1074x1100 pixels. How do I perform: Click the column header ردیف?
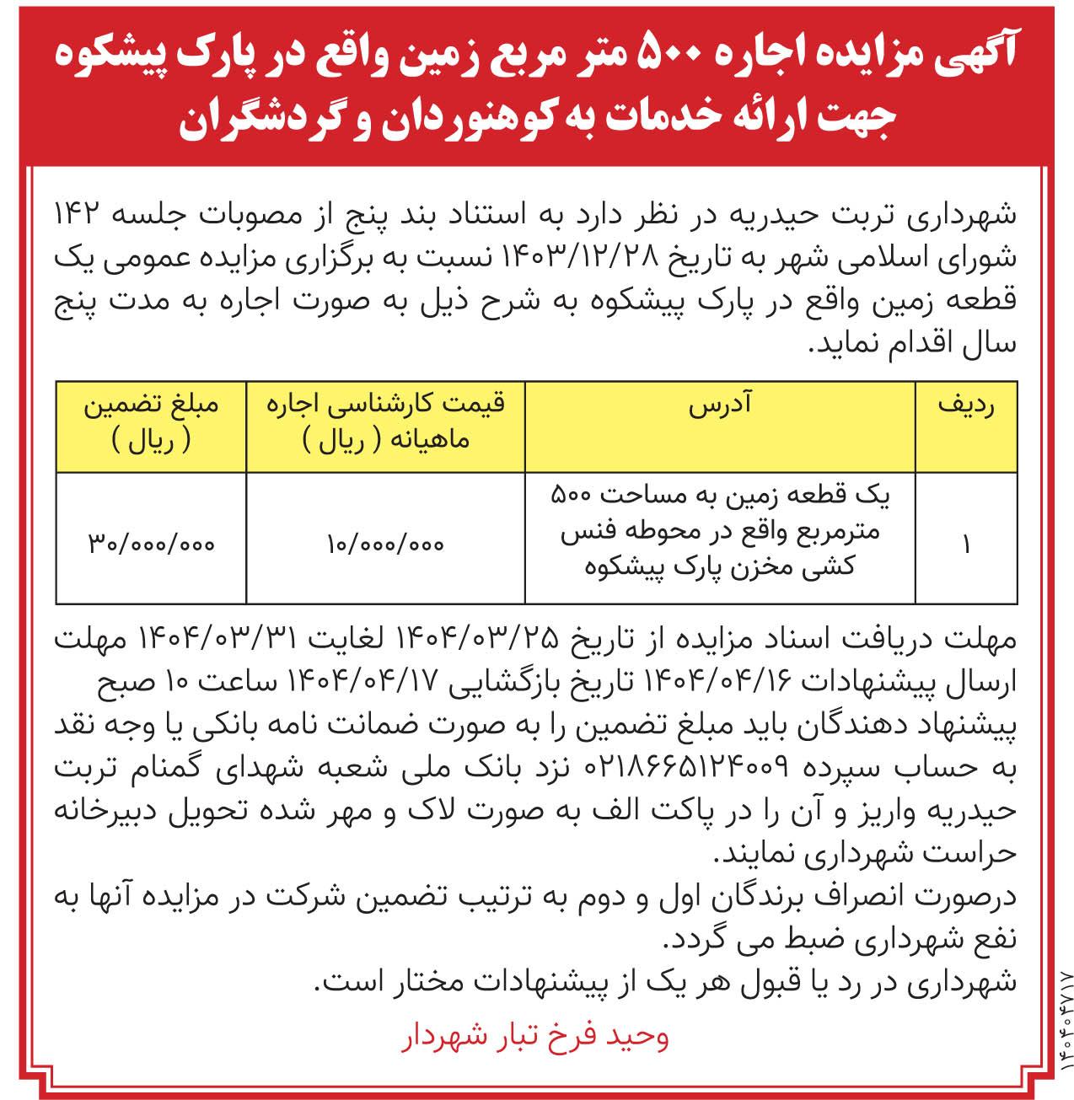(x=966, y=405)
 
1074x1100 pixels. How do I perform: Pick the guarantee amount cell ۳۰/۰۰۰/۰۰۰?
(x=152, y=545)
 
